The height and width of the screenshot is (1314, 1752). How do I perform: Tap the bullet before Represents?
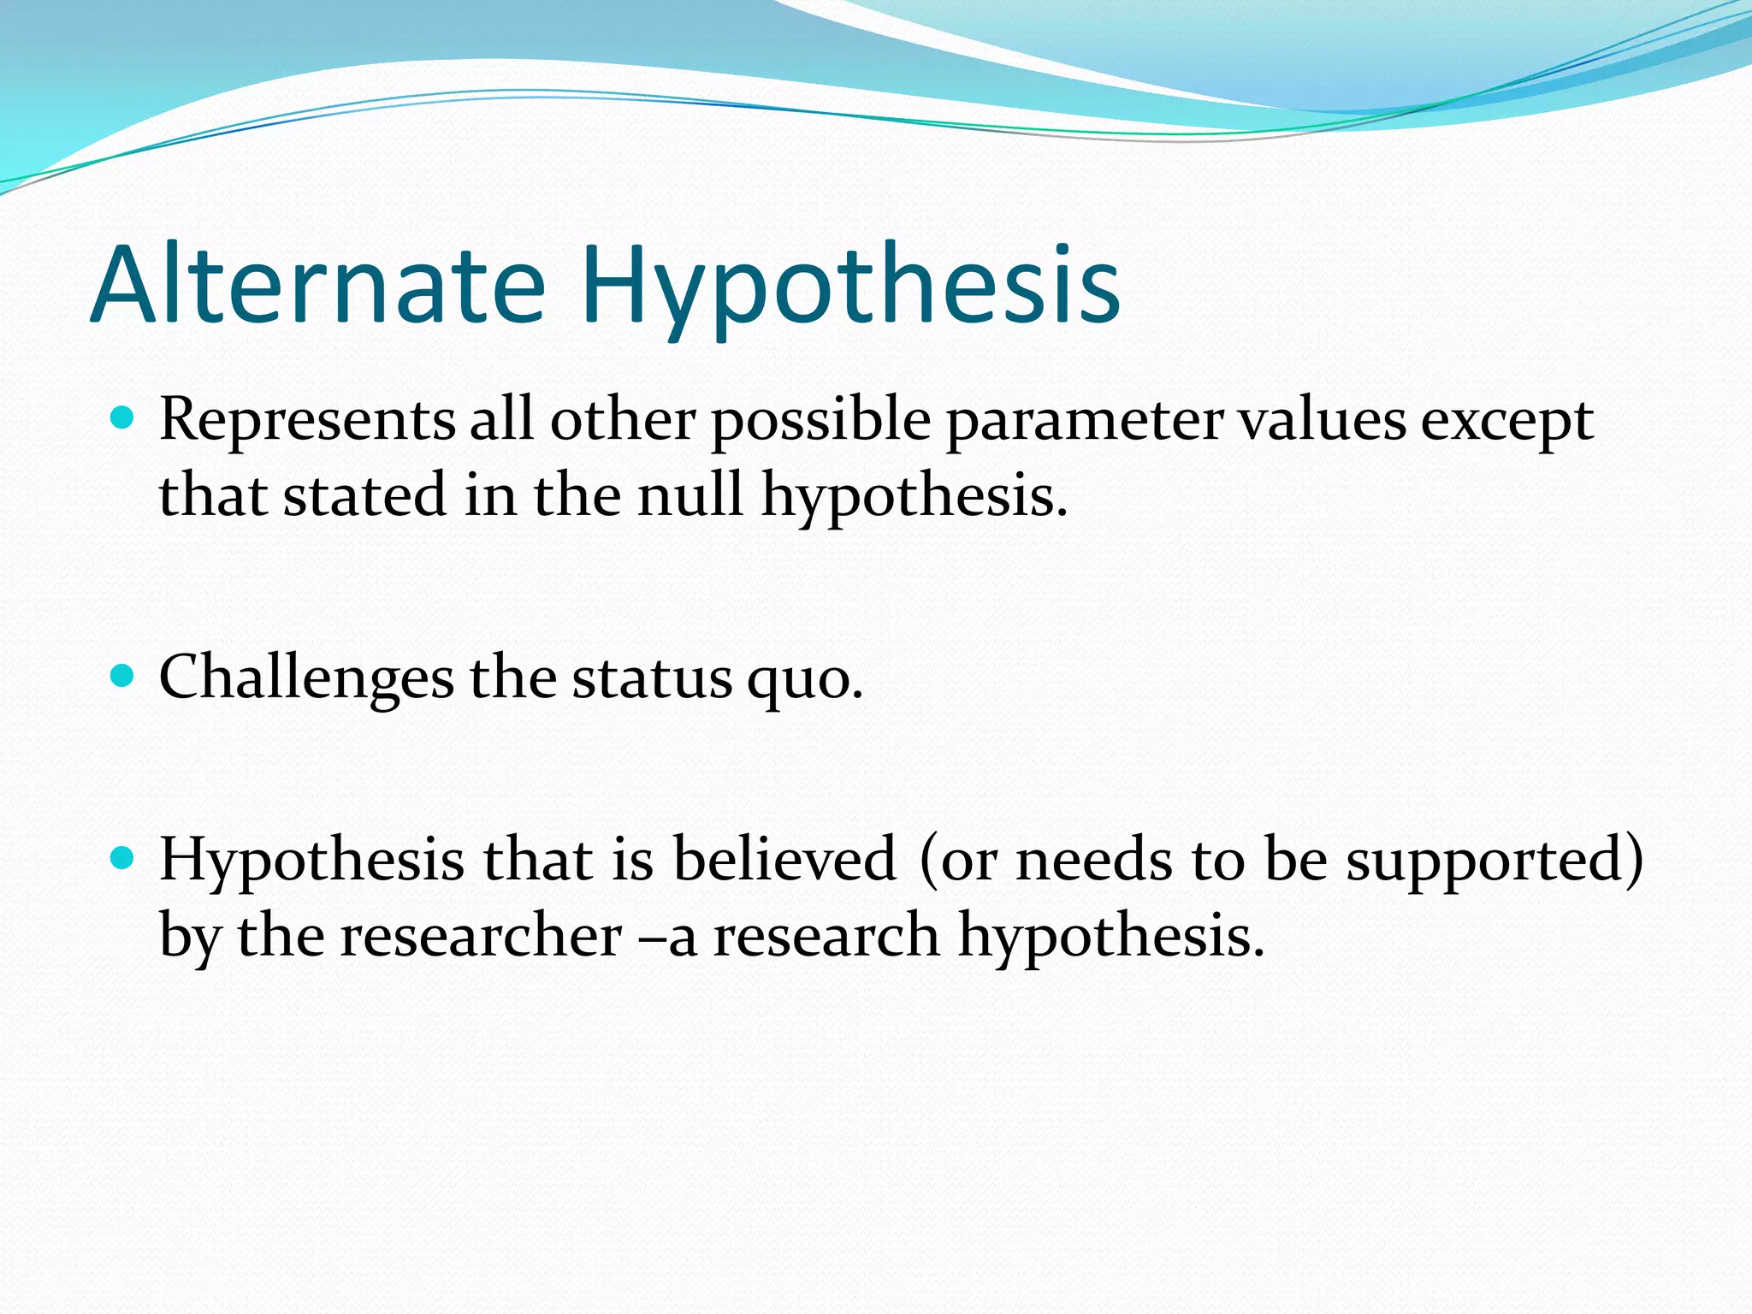pos(123,418)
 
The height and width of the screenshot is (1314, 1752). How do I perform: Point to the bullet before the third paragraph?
pos(123,858)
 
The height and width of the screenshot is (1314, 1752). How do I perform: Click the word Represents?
pos(307,420)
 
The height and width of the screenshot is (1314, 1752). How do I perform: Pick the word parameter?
pos(1084,422)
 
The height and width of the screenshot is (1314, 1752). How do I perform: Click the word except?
pos(1507,422)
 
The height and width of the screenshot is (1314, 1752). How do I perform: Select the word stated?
pos(365,495)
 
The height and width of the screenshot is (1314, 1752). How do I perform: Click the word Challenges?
pos(306,678)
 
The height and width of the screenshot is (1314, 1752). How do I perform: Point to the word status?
pos(652,678)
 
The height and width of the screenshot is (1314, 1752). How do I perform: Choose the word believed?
pos(784,859)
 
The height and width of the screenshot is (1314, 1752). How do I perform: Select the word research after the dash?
pos(826,934)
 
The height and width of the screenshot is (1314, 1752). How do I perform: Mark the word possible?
pos(820,422)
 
